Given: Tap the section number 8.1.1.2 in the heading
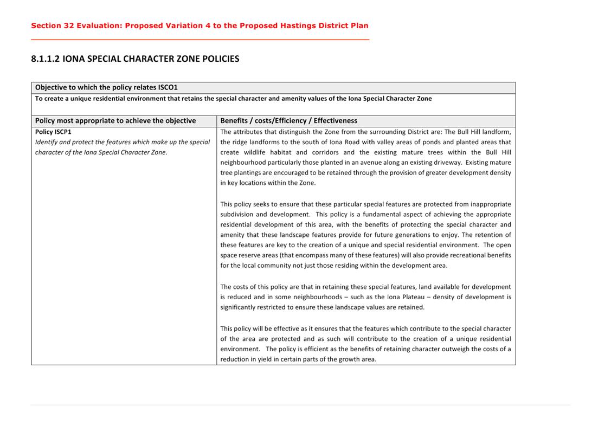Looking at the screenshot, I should click(46, 59).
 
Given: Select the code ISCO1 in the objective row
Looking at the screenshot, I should click(168, 87).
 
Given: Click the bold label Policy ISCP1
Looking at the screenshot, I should click(53, 132).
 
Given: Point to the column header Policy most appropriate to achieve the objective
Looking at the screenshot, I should click(115, 120).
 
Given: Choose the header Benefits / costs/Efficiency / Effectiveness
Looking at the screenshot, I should click(288, 120).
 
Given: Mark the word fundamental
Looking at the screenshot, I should click(362, 214).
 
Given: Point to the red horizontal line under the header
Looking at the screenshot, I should click(200, 40).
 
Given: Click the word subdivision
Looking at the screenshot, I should click(236, 214).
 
